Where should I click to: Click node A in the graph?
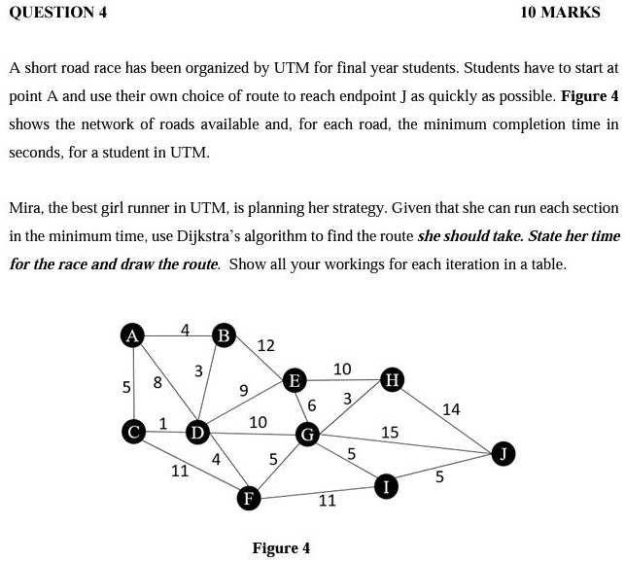131,335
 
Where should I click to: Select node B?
225,335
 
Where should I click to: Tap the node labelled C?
131,429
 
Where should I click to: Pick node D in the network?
197,430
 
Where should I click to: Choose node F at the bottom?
249,499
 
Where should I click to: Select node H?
392,378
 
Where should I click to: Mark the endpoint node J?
502,453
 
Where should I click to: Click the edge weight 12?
265,346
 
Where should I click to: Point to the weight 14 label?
451,409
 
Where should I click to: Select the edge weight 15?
390,432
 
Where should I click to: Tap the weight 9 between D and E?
244,391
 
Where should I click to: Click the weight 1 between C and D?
163,423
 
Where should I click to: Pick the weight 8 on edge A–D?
157,382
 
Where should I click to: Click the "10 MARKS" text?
560,13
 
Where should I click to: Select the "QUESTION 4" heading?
57,13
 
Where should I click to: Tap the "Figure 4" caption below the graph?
281,548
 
